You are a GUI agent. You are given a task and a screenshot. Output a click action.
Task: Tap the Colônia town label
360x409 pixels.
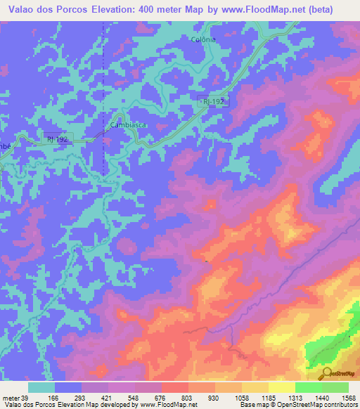click(203, 40)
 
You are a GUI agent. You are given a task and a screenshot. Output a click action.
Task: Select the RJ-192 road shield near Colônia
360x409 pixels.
click(214, 102)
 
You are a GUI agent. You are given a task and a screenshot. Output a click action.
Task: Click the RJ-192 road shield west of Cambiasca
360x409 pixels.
click(56, 139)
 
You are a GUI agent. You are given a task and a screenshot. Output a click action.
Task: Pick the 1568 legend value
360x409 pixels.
click(347, 397)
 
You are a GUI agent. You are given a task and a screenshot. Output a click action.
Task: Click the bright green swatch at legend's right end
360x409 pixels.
click(335, 387)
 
